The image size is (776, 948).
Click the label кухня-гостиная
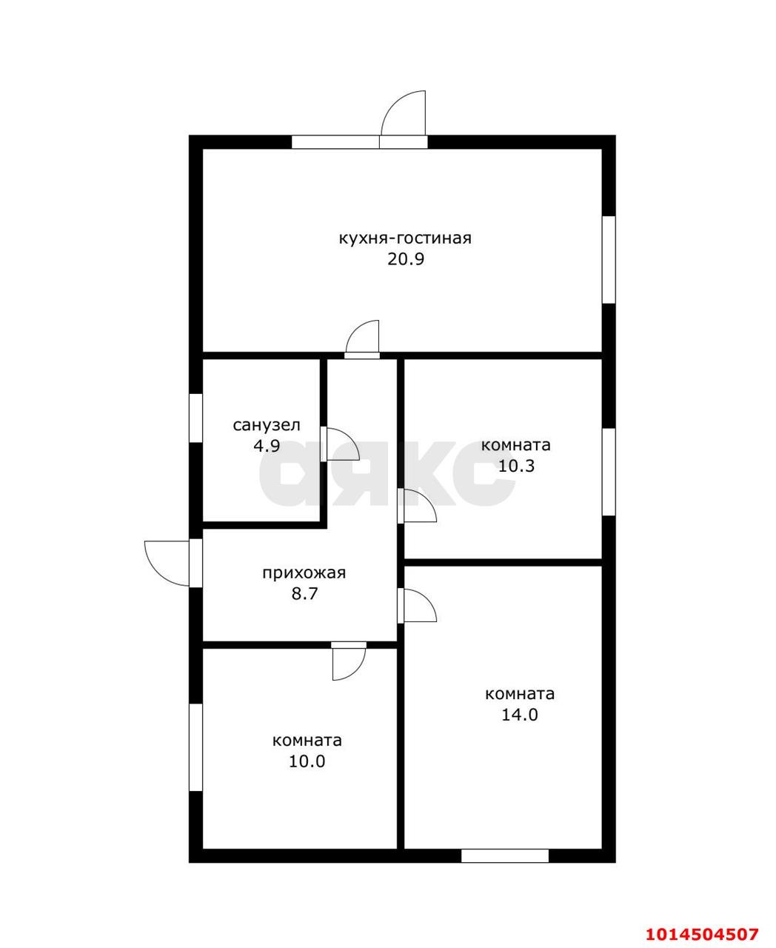coord(404,238)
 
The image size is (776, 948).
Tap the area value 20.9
coord(404,259)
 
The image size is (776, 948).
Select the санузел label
coord(267,425)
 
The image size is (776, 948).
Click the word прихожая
coord(304,573)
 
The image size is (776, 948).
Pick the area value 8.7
coord(304,593)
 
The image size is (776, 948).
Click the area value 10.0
coord(307,761)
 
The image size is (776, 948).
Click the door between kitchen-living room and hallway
coord(363,341)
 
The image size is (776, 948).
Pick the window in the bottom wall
coord(505,855)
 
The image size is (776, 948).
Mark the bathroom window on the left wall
coord(195,418)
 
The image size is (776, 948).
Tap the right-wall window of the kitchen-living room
coord(609,259)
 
